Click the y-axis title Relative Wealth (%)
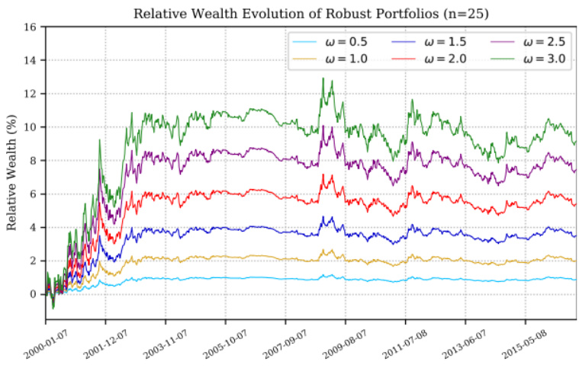coord(12,173)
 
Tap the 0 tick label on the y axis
coord(32,294)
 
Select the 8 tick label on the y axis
coord(32,161)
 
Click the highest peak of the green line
coord(323,78)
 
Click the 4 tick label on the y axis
coord(32,227)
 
